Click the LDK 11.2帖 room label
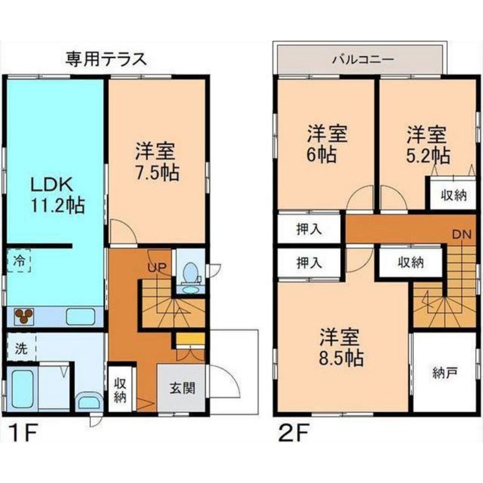57,195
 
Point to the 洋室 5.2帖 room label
428,144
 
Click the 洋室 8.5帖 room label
340,347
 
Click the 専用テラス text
106,59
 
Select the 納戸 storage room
445,373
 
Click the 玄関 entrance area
182,388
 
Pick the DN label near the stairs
461,234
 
